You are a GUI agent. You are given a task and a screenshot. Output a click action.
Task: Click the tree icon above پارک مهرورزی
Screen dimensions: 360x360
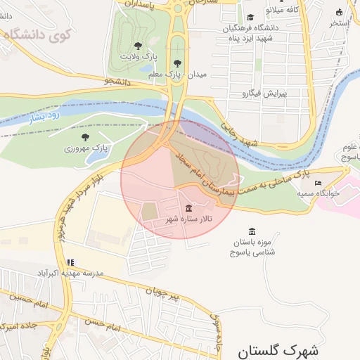pos(86,137)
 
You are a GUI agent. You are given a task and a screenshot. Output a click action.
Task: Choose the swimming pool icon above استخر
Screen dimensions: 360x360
pos(340,12)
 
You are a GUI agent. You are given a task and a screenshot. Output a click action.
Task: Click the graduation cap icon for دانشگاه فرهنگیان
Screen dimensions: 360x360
pos(250,18)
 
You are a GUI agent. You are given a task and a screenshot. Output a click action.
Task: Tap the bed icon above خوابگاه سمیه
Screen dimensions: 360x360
pos(318,183)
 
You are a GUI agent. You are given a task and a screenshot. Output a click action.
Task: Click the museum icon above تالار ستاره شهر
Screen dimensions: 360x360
pos(188,208)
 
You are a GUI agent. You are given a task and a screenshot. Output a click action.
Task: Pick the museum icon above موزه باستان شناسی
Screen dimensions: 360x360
pos(252,231)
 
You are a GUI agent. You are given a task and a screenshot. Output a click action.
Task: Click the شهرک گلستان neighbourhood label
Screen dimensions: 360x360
pos(278,349)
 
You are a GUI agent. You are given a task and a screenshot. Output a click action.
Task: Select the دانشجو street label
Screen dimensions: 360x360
pos(118,82)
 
